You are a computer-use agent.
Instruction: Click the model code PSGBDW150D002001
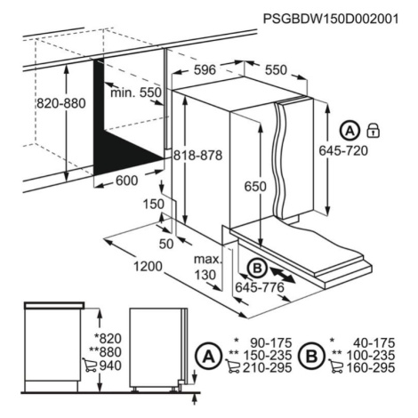coord(331,19)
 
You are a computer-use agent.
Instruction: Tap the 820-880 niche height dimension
coord(61,103)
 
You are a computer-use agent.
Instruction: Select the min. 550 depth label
coord(136,92)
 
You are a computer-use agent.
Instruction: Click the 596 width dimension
coord(205,70)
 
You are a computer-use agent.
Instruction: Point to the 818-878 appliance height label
coord(197,156)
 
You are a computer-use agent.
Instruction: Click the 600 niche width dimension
coord(126,181)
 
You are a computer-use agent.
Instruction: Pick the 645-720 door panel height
coord(343,151)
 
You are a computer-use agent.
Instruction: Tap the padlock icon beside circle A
coord(374,131)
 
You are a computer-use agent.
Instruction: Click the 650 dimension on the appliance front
coord(255,187)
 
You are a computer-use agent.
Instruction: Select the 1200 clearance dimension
coord(148,267)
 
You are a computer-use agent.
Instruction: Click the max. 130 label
coord(208,267)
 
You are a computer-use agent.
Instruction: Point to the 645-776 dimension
coord(260,287)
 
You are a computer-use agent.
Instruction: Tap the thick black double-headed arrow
coord(282,275)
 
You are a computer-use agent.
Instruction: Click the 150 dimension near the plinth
coord(154,205)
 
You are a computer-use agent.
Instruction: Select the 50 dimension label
coord(166,244)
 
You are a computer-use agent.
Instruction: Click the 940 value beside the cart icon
coord(110,366)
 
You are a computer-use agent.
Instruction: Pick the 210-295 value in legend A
coord(268,368)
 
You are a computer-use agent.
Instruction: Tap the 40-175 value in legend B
coord(374,343)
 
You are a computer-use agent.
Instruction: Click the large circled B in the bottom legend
coord(312,356)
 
